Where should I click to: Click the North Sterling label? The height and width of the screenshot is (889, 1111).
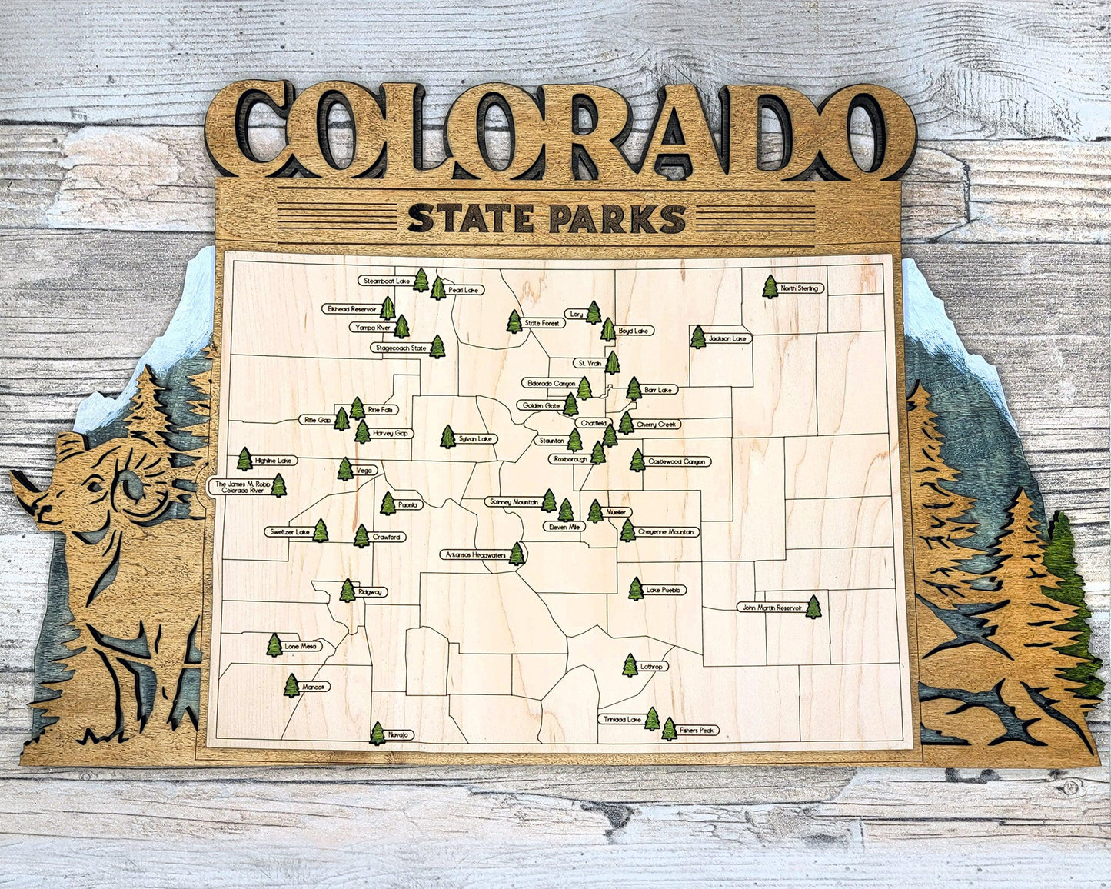click(x=800, y=288)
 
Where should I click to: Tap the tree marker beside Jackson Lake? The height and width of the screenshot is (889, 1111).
click(x=697, y=337)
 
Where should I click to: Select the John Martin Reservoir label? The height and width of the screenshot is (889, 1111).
click(x=770, y=608)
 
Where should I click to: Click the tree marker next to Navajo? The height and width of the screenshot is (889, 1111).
click(x=378, y=733)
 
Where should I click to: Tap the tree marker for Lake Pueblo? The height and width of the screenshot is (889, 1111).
click(x=635, y=589)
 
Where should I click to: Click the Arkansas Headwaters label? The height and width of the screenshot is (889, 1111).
click(x=475, y=554)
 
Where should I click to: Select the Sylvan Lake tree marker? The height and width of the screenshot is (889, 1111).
click(x=447, y=437)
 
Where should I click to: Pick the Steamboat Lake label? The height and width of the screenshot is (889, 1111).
click(x=387, y=281)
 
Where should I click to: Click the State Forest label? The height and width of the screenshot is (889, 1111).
click(x=542, y=324)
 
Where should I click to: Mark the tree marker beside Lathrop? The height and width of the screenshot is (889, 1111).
click(x=630, y=665)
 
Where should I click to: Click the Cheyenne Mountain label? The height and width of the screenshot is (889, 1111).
click(x=667, y=531)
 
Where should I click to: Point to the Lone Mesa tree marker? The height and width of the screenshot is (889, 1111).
click(x=274, y=645)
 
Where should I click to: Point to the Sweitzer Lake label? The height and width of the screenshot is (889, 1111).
click(x=289, y=531)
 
